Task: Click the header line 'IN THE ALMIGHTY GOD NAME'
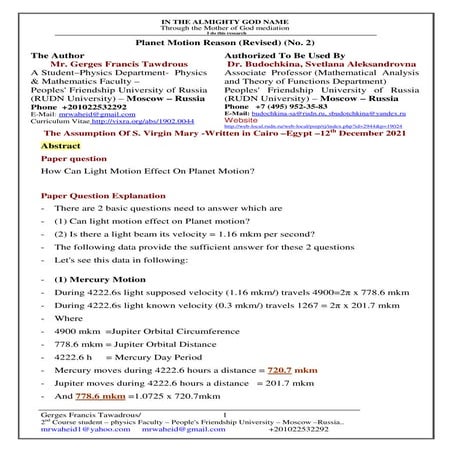tap(226, 7)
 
